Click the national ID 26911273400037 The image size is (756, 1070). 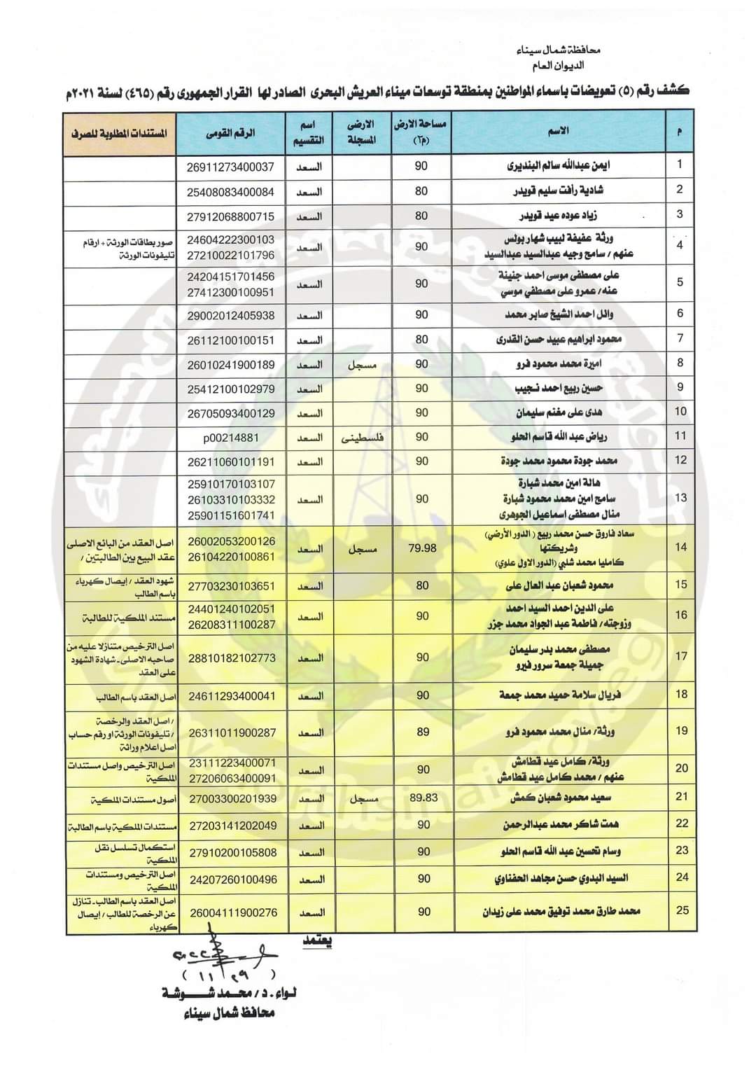[x=231, y=167]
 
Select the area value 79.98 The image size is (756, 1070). [x=421, y=548]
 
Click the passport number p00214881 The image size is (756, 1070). [x=231, y=438]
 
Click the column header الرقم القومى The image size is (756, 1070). [x=231, y=132]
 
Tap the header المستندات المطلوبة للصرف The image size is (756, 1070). [x=119, y=132]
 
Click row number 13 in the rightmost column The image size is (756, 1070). [x=680, y=499]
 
